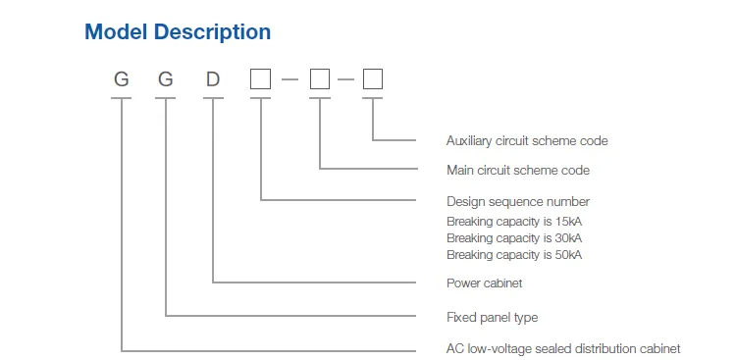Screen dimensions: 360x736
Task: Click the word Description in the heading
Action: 211,32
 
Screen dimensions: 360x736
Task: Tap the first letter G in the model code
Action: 122,80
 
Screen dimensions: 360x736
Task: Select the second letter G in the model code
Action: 166,80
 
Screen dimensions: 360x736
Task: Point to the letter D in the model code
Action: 213,80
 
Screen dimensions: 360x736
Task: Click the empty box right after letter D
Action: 260,80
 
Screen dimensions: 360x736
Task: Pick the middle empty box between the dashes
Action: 320,80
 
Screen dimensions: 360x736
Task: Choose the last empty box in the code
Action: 373,80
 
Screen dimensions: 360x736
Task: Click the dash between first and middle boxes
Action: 289,80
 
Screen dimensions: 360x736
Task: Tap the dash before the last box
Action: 346,80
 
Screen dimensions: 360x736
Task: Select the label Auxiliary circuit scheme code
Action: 527,141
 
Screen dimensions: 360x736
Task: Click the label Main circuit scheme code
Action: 518,171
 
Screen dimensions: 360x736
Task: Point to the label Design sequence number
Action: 518,202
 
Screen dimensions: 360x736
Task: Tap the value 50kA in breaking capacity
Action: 568,255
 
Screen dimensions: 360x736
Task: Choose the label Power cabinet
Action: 485,283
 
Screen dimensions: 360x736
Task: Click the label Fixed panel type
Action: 492,318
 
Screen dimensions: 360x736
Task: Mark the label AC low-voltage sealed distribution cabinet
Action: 563,349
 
